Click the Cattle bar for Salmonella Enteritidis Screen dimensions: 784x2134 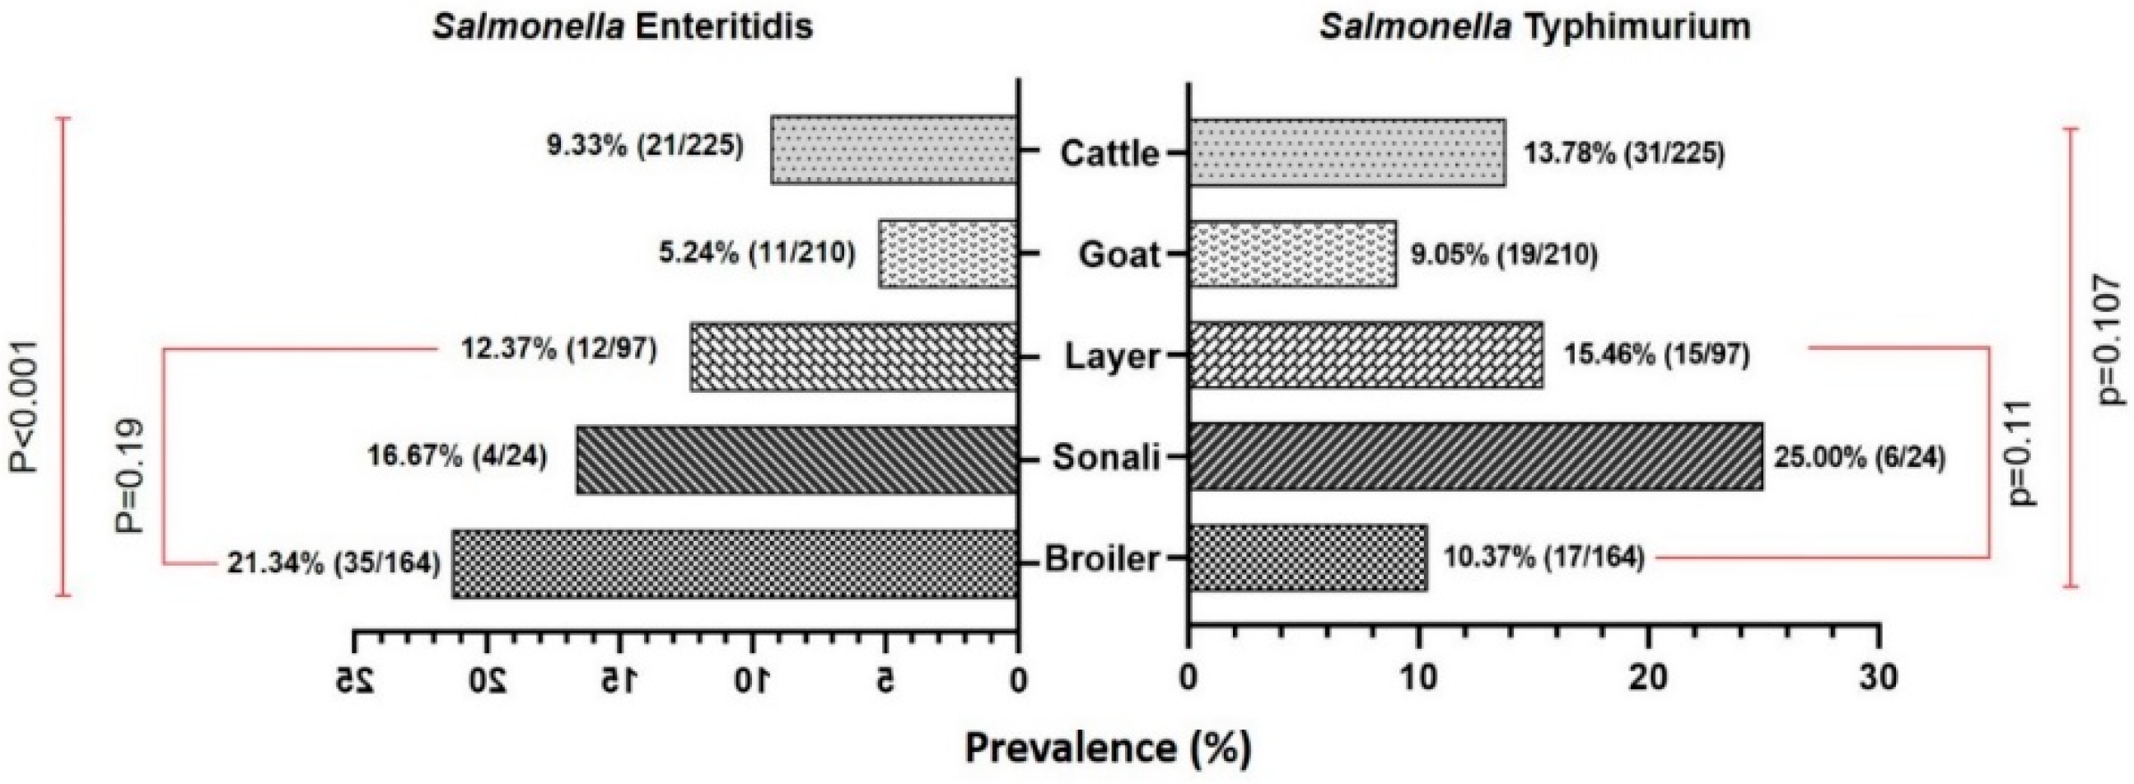(x=894, y=149)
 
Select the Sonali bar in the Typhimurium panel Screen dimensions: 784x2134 (x=1475, y=455)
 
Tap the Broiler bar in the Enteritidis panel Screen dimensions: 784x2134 (x=734, y=562)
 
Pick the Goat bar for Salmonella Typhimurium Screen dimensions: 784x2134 (x=1292, y=254)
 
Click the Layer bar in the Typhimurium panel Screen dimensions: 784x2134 (x=1366, y=355)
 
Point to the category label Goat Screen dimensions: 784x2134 (x=1118, y=254)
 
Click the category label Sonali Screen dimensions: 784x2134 (x=1106, y=456)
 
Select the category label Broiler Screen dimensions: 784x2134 (x=1102, y=558)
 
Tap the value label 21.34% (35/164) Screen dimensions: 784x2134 (x=334, y=562)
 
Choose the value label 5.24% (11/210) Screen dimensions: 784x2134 (x=756, y=253)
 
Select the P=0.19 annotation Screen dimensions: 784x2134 (x=128, y=475)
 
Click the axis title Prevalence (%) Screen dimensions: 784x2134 (x=1108, y=749)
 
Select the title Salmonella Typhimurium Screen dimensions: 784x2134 (x=1535, y=26)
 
